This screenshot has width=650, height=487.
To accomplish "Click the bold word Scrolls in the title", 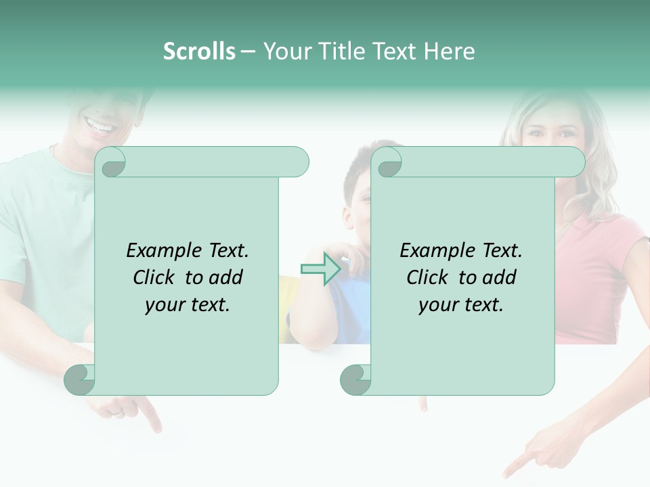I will (x=199, y=51).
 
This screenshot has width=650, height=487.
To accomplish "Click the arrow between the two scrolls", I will (x=321, y=269).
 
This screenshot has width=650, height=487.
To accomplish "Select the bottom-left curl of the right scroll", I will (x=355, y=380).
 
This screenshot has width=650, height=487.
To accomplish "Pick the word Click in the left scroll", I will (x=155, y=277).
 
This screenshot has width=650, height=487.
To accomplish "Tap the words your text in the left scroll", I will (x=188, y=304).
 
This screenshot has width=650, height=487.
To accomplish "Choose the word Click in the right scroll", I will (x=428, y=277).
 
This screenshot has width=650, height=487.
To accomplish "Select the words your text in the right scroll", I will (x=461, y=304).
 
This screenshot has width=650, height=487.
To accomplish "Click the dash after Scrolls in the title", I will (x=248, y=52).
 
